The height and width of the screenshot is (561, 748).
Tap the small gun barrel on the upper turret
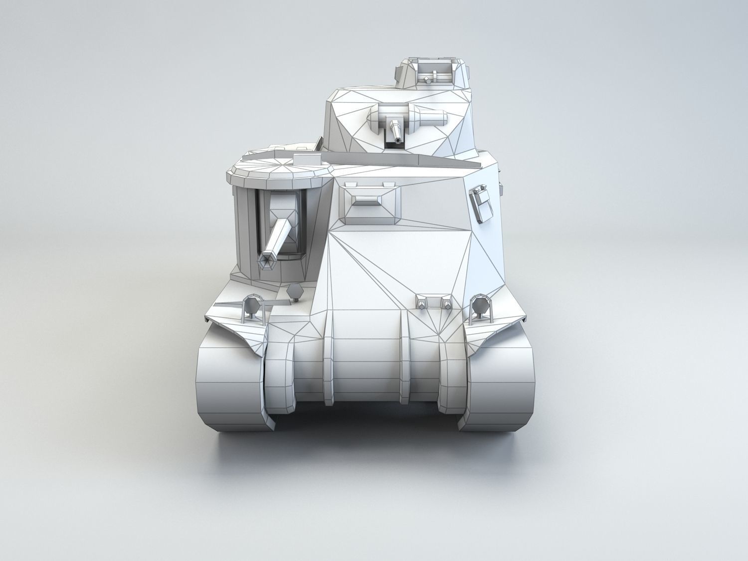pyautogui.click(x=396, y=132)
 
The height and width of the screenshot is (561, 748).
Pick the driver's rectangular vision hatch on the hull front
pyautogui.click(x=370, y=202)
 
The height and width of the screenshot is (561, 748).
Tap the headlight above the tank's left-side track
pyautogui.click(x=249, y=305)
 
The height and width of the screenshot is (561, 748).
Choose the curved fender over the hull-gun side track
pyautogui.click(x=234, y=327)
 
